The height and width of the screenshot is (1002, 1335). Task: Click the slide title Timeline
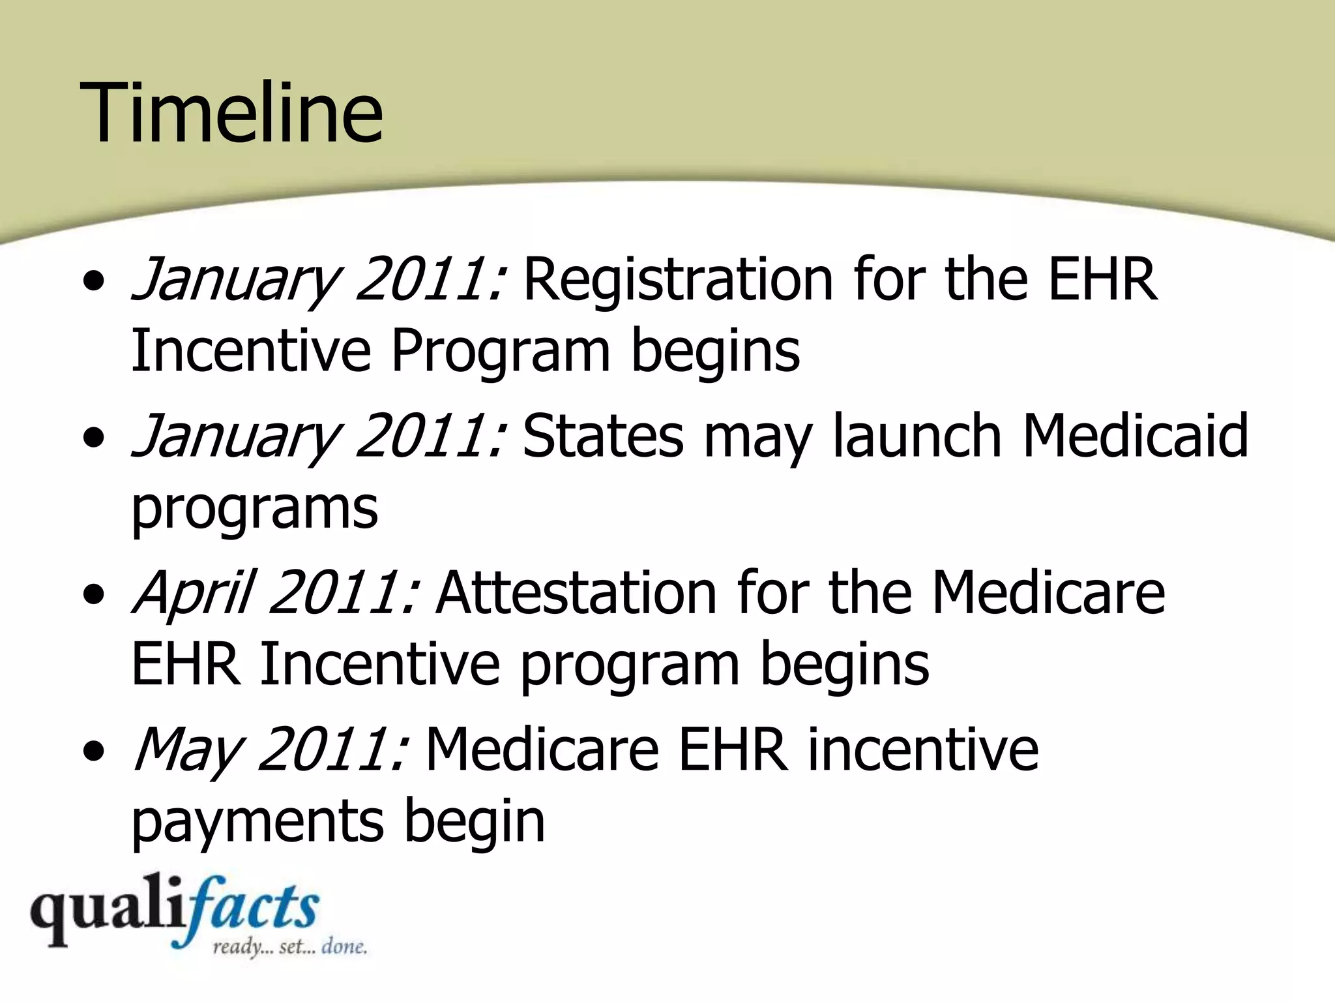click(231, 112)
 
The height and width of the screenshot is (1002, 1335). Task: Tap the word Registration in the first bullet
click(678, 281)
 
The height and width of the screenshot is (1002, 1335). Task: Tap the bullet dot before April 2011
click(96, 596)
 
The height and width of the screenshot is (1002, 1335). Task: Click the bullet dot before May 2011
click(96, 752)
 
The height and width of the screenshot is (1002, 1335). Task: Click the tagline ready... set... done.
click(289, 947)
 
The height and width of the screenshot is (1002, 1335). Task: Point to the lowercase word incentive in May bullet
click(922, 750)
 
